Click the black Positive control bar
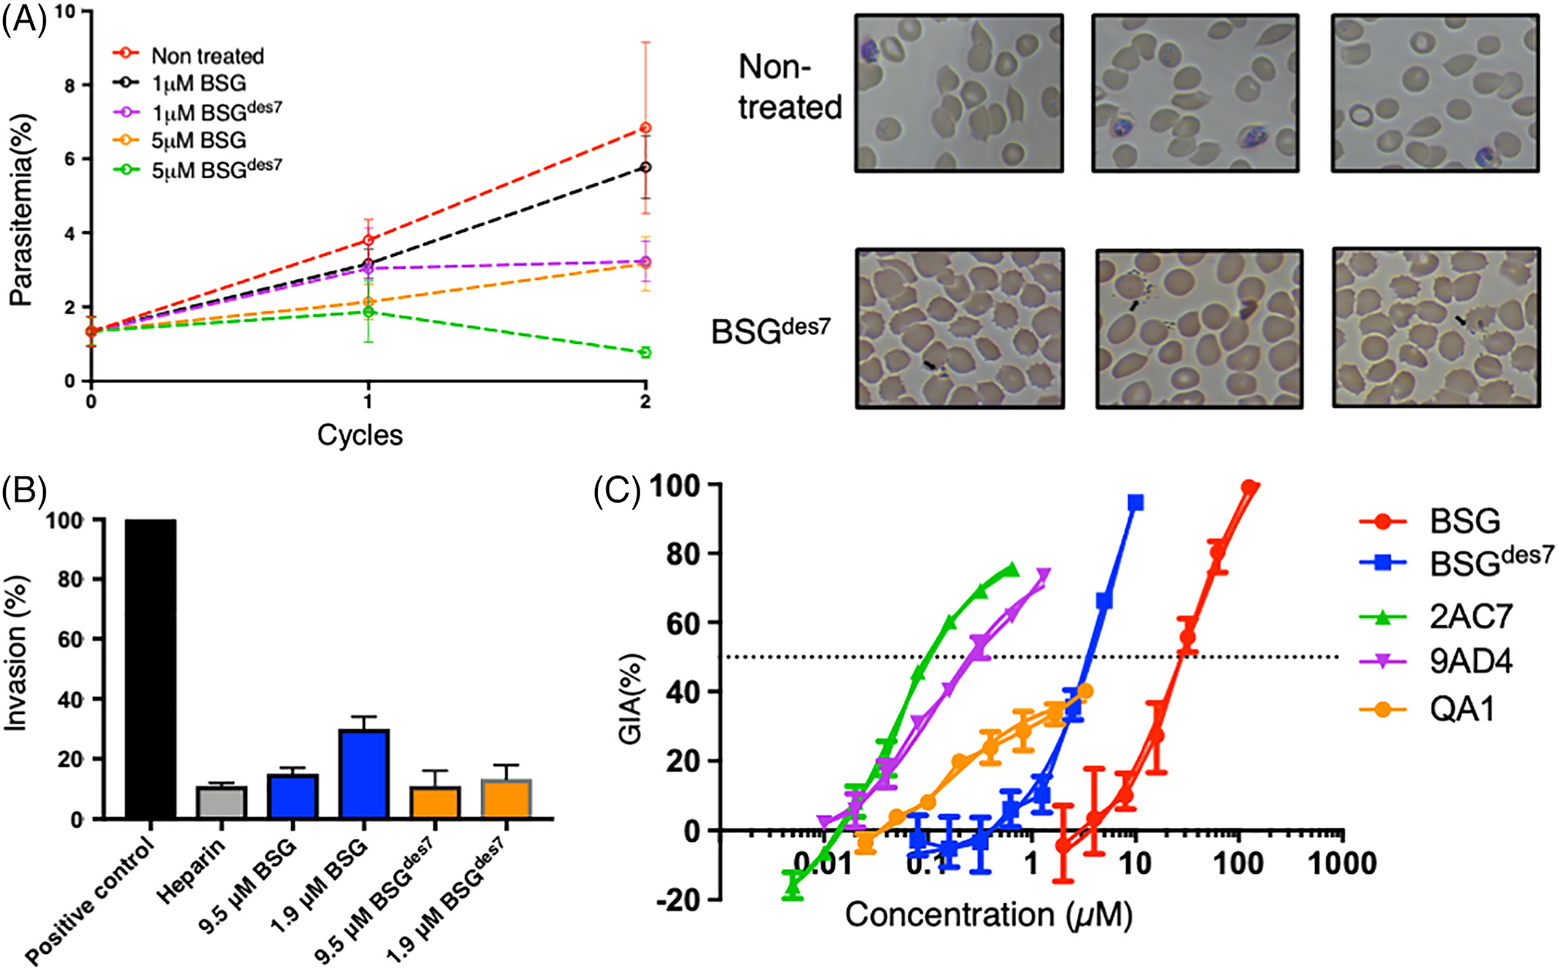150,669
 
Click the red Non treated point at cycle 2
645,128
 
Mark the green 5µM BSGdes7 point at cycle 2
645,353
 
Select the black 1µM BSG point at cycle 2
645,167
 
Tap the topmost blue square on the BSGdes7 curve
1136,502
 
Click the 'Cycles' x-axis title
360,435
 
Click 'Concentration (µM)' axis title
988,914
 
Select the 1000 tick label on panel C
1342,864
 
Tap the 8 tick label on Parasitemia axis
70,85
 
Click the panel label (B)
24,491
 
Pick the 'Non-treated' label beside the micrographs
790,87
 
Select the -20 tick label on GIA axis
683,900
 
